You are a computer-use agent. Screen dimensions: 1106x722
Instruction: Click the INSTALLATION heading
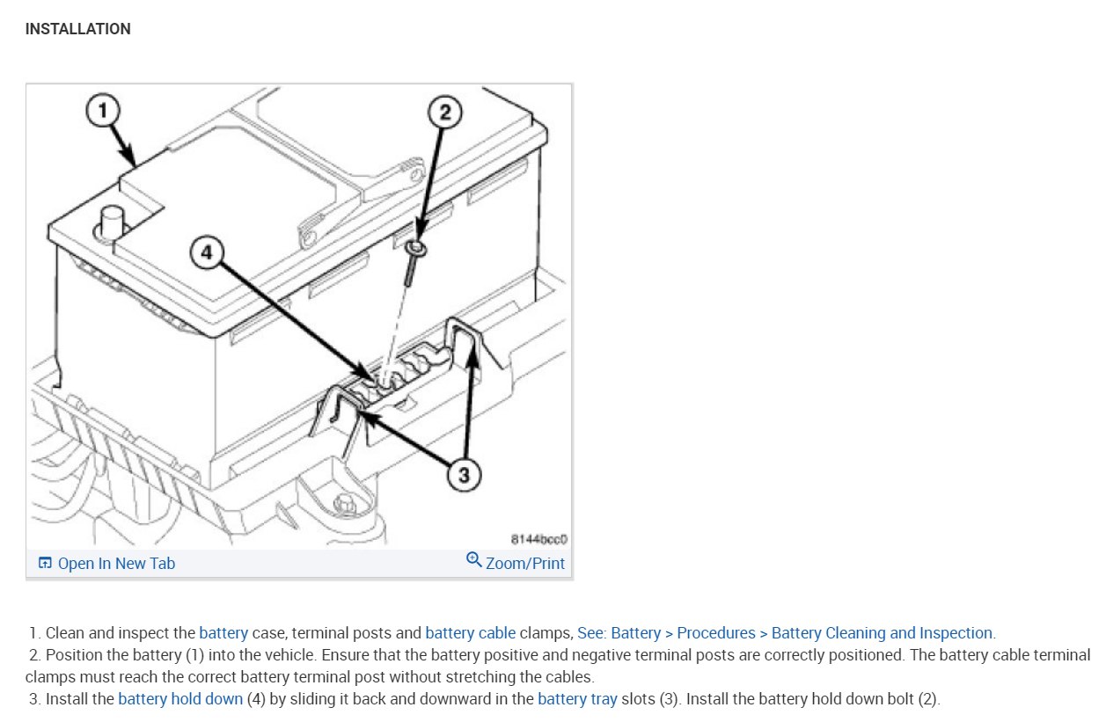pyautogui.click(x=77, y=29)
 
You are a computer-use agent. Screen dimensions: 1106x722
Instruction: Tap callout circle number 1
pyautogui.click(x=103, y=110)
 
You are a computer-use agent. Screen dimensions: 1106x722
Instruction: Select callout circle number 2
pyautogui.click(x=444, y=112)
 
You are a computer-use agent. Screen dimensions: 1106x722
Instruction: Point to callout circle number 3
pyautogui.click(x=464, y=476)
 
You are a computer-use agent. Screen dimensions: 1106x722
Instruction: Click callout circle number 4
pyautogui.click(x=206, y=252)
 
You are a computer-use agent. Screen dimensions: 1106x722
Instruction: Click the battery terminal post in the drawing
pyautogui.click(x=112, y=222)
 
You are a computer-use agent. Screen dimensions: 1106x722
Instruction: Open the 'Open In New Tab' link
pyautogui.click(x=116, y=564)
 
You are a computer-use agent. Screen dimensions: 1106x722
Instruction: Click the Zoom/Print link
pyautogui.click(x=525, y=564)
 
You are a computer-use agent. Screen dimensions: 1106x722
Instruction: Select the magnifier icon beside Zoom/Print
pyautogui.click(x=473, y=560)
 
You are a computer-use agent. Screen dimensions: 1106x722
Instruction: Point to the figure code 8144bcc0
pyautogui.click(x=540, y=538)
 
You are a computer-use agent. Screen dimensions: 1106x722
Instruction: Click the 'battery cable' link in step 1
pyautogui.click(x=470, y=633)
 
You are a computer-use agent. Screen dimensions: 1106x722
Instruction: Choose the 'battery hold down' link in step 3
pyautogui.click(x=180, y=699)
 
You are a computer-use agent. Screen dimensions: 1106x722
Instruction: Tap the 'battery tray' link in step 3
pyautogui.click(x=577, y=699)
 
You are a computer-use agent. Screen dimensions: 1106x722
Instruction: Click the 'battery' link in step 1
pyautogui.click(x=223, y=633)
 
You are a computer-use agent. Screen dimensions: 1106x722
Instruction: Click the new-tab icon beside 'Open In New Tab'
pyautogui.click(x=45, y=564)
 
